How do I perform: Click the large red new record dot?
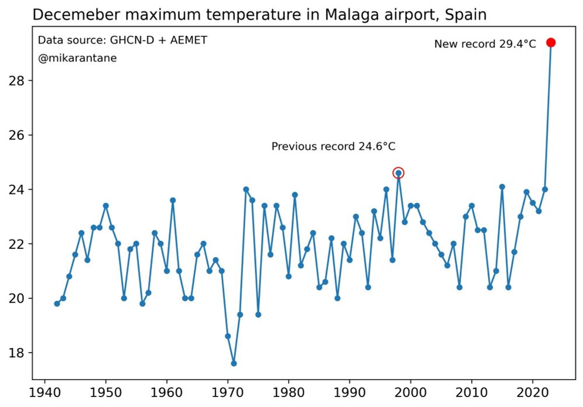coord(550,43)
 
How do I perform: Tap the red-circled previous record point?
coord(398,173)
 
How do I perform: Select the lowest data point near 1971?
coord(234,363)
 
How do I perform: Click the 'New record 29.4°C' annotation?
coord(484,44)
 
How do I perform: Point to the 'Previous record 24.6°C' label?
coord(338,146)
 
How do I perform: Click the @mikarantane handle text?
coord(78,58)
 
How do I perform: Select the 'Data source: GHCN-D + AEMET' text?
coord(122,40)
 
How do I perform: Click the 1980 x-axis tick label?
coord(289,391)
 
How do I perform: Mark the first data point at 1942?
coord(57,303)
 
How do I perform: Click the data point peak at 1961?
coord(173,200)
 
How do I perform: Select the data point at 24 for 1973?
coord(246,190)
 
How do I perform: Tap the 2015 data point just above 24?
coord(502,187)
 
